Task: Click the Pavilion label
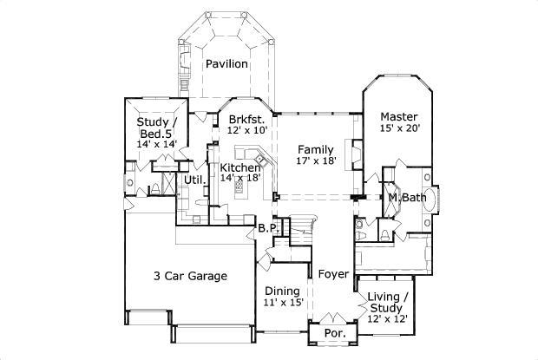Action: [227, 63]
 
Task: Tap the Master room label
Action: [399, 116]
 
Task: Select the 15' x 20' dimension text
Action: [399, 129]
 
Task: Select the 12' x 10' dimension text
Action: [246, 129]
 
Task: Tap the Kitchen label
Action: [240, 167]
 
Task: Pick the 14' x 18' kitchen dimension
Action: [240, 179]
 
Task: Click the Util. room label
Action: [194, 180]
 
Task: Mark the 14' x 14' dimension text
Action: [156, 144]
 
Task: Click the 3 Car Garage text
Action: [191, 276]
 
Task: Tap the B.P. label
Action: [266, 228]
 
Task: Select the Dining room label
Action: [282, 290]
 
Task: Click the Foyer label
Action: [333, 275]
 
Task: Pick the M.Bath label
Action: [406, 198]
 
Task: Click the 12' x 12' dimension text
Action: [386, 319]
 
